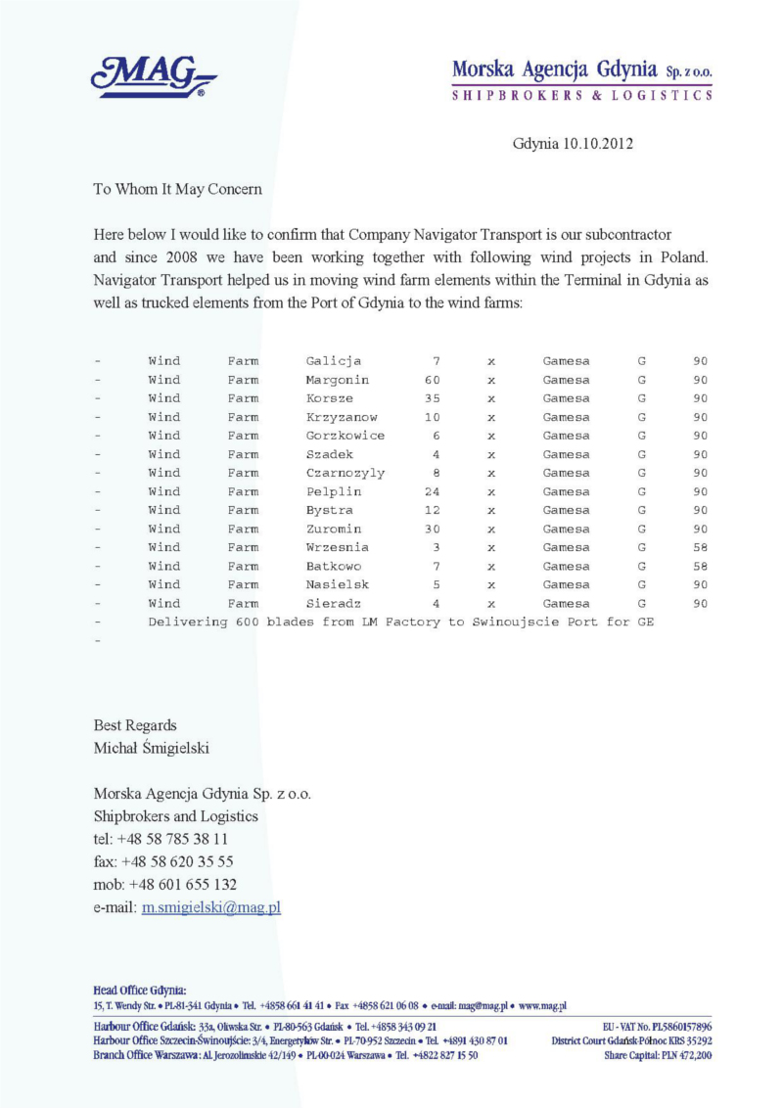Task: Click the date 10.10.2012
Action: (x=598, y=143)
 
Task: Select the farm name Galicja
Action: (x=334, y=361)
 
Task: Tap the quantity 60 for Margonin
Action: (x=432, y=380)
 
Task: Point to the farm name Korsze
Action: (x=330, y=398)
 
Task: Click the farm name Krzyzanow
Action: (x=342, y=417)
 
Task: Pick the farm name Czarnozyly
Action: (x=345, y=473)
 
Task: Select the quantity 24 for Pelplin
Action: (x=432, y=491)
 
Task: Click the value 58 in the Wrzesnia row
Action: (x=700, y=547)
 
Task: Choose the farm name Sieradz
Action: (x=334, y=604)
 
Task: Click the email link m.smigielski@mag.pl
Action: (x=211, y=906)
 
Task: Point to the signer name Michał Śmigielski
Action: (x=152, y=749)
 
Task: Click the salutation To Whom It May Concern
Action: (x=177, y=189)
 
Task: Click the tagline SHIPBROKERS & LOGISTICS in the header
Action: (x=581, y=96)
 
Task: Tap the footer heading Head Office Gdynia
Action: (x=140, y=991)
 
